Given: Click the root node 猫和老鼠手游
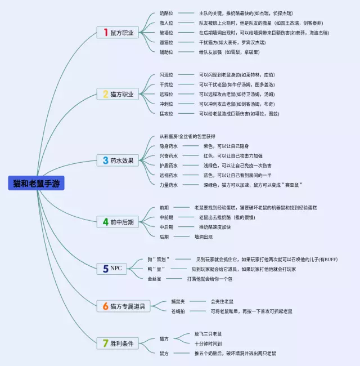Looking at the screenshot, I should pos(37,184).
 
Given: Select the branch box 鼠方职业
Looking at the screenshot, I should pos(119,33).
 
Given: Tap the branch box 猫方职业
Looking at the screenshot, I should pos(119,94).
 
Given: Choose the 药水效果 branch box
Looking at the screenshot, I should pos(119,160).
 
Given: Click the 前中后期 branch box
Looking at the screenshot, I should pos(119,222).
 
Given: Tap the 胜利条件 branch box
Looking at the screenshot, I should pos(119,343).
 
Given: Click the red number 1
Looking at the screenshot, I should pos(105,33).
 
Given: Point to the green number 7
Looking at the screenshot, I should pos(105,343).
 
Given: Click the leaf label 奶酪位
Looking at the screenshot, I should pos(166,13).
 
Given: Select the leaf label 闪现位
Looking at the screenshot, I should pos(166,75).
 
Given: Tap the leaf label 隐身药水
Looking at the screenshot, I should pos(169,146).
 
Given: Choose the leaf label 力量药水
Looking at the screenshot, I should pos(169,185).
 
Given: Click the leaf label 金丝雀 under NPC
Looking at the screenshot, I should pos(155,278).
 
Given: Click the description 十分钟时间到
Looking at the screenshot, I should pos(208,343).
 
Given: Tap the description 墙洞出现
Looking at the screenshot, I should pos(204,236).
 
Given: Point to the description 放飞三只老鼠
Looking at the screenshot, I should pos(208,333).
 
